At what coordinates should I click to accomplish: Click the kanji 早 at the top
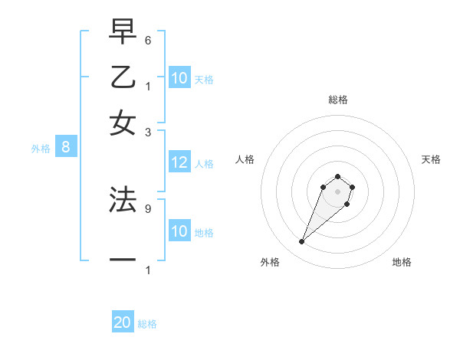point(123,33)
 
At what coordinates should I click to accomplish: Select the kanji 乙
point(123,77)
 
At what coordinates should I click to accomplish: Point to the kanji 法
point(123,199)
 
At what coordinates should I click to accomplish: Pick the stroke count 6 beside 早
point(148,40)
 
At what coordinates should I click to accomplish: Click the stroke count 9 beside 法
point(148,207)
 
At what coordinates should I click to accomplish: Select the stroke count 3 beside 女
point(148,131)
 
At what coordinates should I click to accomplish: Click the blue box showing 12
point(179,162)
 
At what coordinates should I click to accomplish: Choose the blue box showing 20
point(123,322)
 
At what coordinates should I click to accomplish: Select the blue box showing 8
point(66,147)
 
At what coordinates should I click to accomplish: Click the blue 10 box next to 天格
point(179,77)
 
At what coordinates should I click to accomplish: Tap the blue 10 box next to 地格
point(179,231)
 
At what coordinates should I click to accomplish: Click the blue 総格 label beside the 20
point(147,324)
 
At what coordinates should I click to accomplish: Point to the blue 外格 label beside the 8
point(41,149)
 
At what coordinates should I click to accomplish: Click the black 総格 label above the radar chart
point(337,100)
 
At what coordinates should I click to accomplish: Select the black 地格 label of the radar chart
point(402,262)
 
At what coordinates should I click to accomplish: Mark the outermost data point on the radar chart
point(302,242)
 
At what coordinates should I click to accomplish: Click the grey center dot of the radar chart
point(337,191)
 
